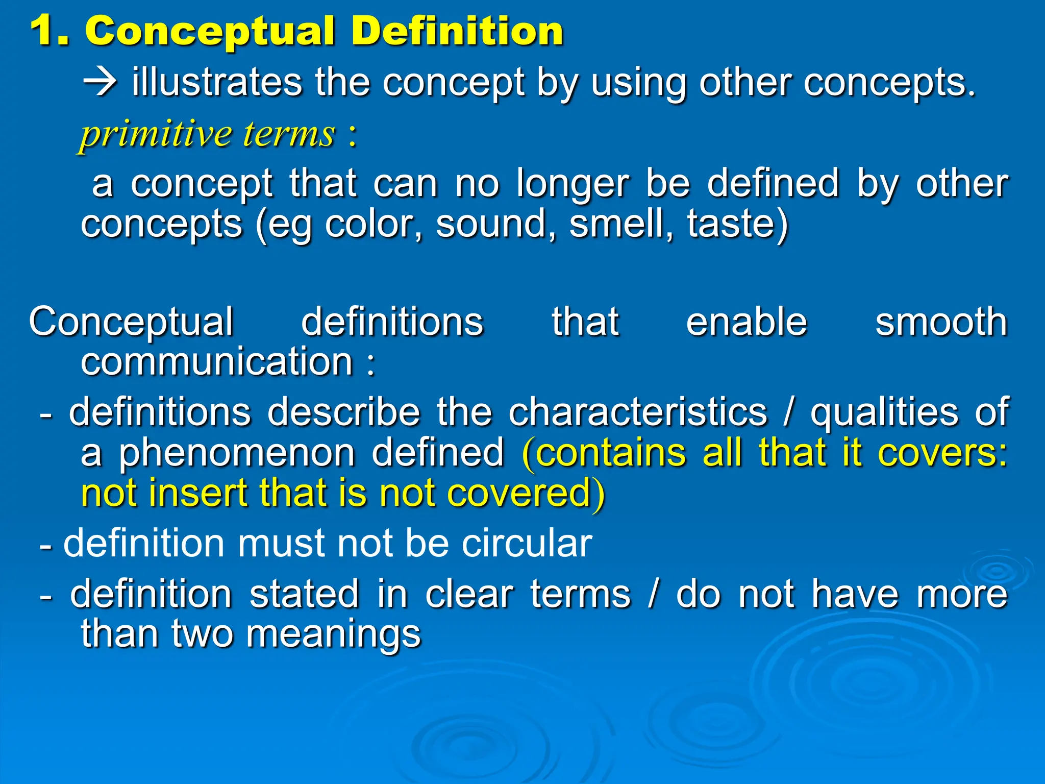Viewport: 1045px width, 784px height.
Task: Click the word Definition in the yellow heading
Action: (457, 32)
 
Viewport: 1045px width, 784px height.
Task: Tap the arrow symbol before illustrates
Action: (100, 83)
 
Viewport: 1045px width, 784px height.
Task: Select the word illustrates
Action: (217, 82)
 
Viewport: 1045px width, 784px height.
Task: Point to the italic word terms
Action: (289, 134)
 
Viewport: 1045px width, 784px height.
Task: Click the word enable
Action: (747, 322)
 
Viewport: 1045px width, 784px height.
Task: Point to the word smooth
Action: (941, 322)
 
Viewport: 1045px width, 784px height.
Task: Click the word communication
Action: (217, 361)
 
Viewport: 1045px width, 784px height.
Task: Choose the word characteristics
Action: (638, 411)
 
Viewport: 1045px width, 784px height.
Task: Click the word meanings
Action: (334, 634)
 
